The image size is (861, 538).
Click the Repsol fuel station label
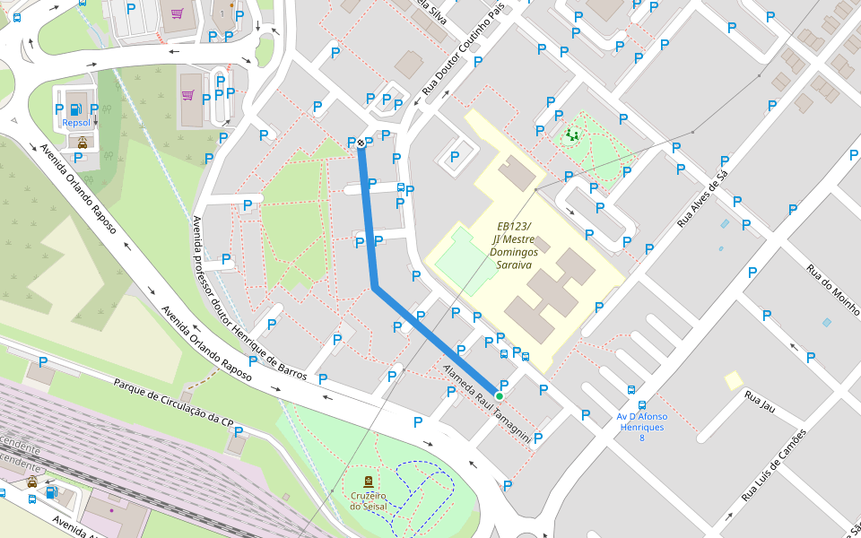[76, 123]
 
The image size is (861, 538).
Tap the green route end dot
[499, 395]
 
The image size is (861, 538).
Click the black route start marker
[361, 143]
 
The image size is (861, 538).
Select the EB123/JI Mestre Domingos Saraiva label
[512, 246]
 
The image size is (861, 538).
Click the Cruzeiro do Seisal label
[369, 500]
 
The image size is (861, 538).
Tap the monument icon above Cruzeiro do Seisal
[369, 482]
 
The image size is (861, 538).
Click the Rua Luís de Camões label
[774, 464]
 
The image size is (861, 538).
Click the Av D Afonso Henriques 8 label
[642, 421]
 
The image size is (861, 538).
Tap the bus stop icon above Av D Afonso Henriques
[631, 390]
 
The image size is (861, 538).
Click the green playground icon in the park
[571, 135]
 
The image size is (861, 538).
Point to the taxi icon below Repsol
[82, 142]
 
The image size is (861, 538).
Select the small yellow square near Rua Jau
[734, 380]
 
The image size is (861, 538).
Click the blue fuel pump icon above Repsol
[75, 109]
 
